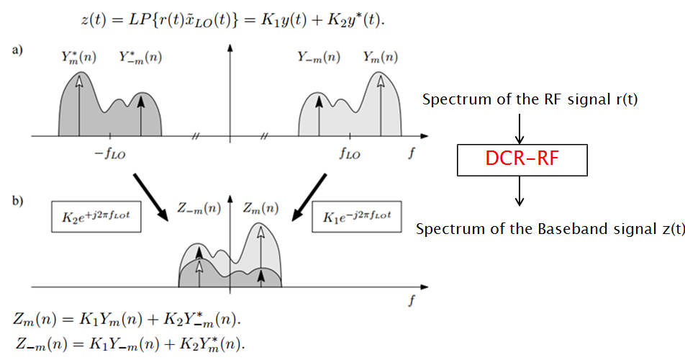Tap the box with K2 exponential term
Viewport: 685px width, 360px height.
coord(96,216)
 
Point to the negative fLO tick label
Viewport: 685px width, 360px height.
coord(109,153)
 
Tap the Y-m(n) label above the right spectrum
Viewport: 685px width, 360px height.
coord(319,57)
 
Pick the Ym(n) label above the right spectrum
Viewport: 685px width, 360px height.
coord(380,57)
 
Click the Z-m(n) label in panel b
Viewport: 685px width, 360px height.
coord(199,210)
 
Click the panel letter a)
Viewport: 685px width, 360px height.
coord(16,50)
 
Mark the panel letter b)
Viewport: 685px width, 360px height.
coord(16,200)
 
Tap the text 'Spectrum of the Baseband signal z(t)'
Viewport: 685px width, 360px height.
coord(550,230)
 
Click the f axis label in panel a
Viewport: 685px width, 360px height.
coord(410,153)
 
